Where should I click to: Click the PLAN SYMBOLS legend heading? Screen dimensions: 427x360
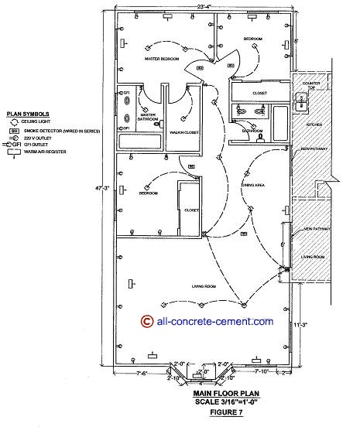(x=22, y=112)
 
